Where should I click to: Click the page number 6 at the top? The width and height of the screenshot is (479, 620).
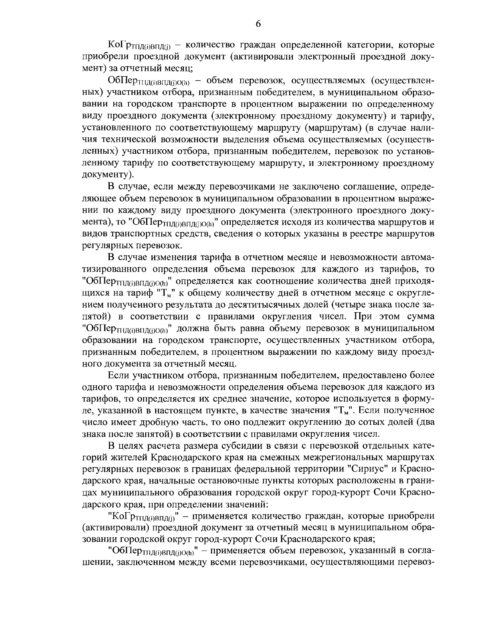[258, 24]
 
